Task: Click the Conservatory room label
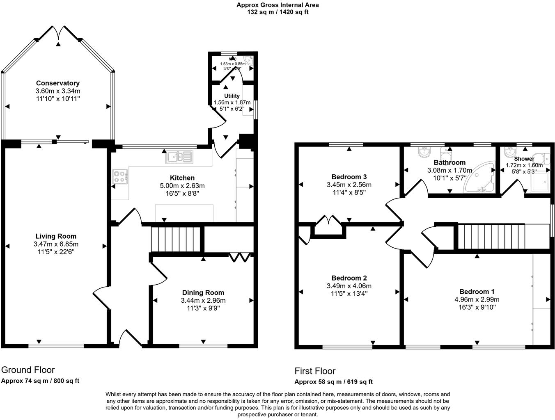coord(57,83)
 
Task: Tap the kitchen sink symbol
coord(179,157)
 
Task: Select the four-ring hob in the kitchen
coord(119,176)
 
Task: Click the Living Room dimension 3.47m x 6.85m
coord(56,244)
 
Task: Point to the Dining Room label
coord(203,292)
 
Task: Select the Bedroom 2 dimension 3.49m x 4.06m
coord(349,286)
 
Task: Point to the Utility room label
coord(232,96)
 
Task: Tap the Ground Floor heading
coord(28,370)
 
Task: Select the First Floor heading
coord(315,371)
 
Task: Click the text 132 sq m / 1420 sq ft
coord(277,12)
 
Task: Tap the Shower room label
coord(524,159)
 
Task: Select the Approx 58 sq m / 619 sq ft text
coord(333,381)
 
